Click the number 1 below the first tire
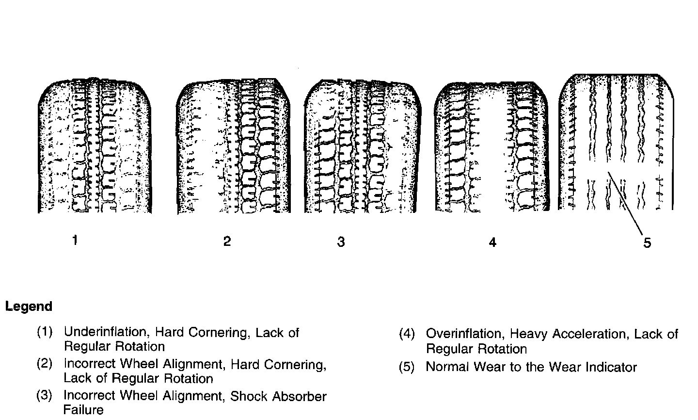(x=75, y=240)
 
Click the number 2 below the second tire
(x=227, y=241)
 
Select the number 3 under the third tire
(x=341, y=242)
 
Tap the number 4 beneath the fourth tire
(x=492, y=242)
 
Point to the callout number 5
(x=647, y=242)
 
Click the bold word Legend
(x=29, y=307)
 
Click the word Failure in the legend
(x=83, y=410)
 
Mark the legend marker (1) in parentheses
(x=45, y=333)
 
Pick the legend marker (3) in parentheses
(x=45, y=396)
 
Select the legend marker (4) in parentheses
(x=407, y=334)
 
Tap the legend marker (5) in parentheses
(x=407, y=367)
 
